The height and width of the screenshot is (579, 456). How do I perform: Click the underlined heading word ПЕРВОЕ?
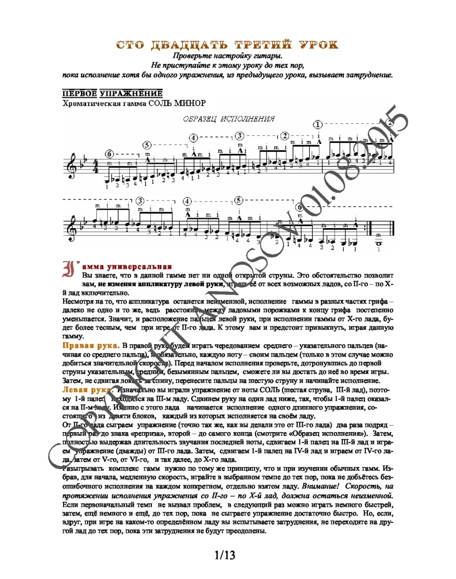coord(79,93)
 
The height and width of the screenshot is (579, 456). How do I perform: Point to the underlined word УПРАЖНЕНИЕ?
coord(131,93)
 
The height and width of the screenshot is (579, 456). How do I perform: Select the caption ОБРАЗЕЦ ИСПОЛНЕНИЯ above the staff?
coord(229,119)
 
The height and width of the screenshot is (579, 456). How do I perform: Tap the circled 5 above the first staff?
coord(147,145)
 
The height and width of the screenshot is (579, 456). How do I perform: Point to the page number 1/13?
coord(225,555)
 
